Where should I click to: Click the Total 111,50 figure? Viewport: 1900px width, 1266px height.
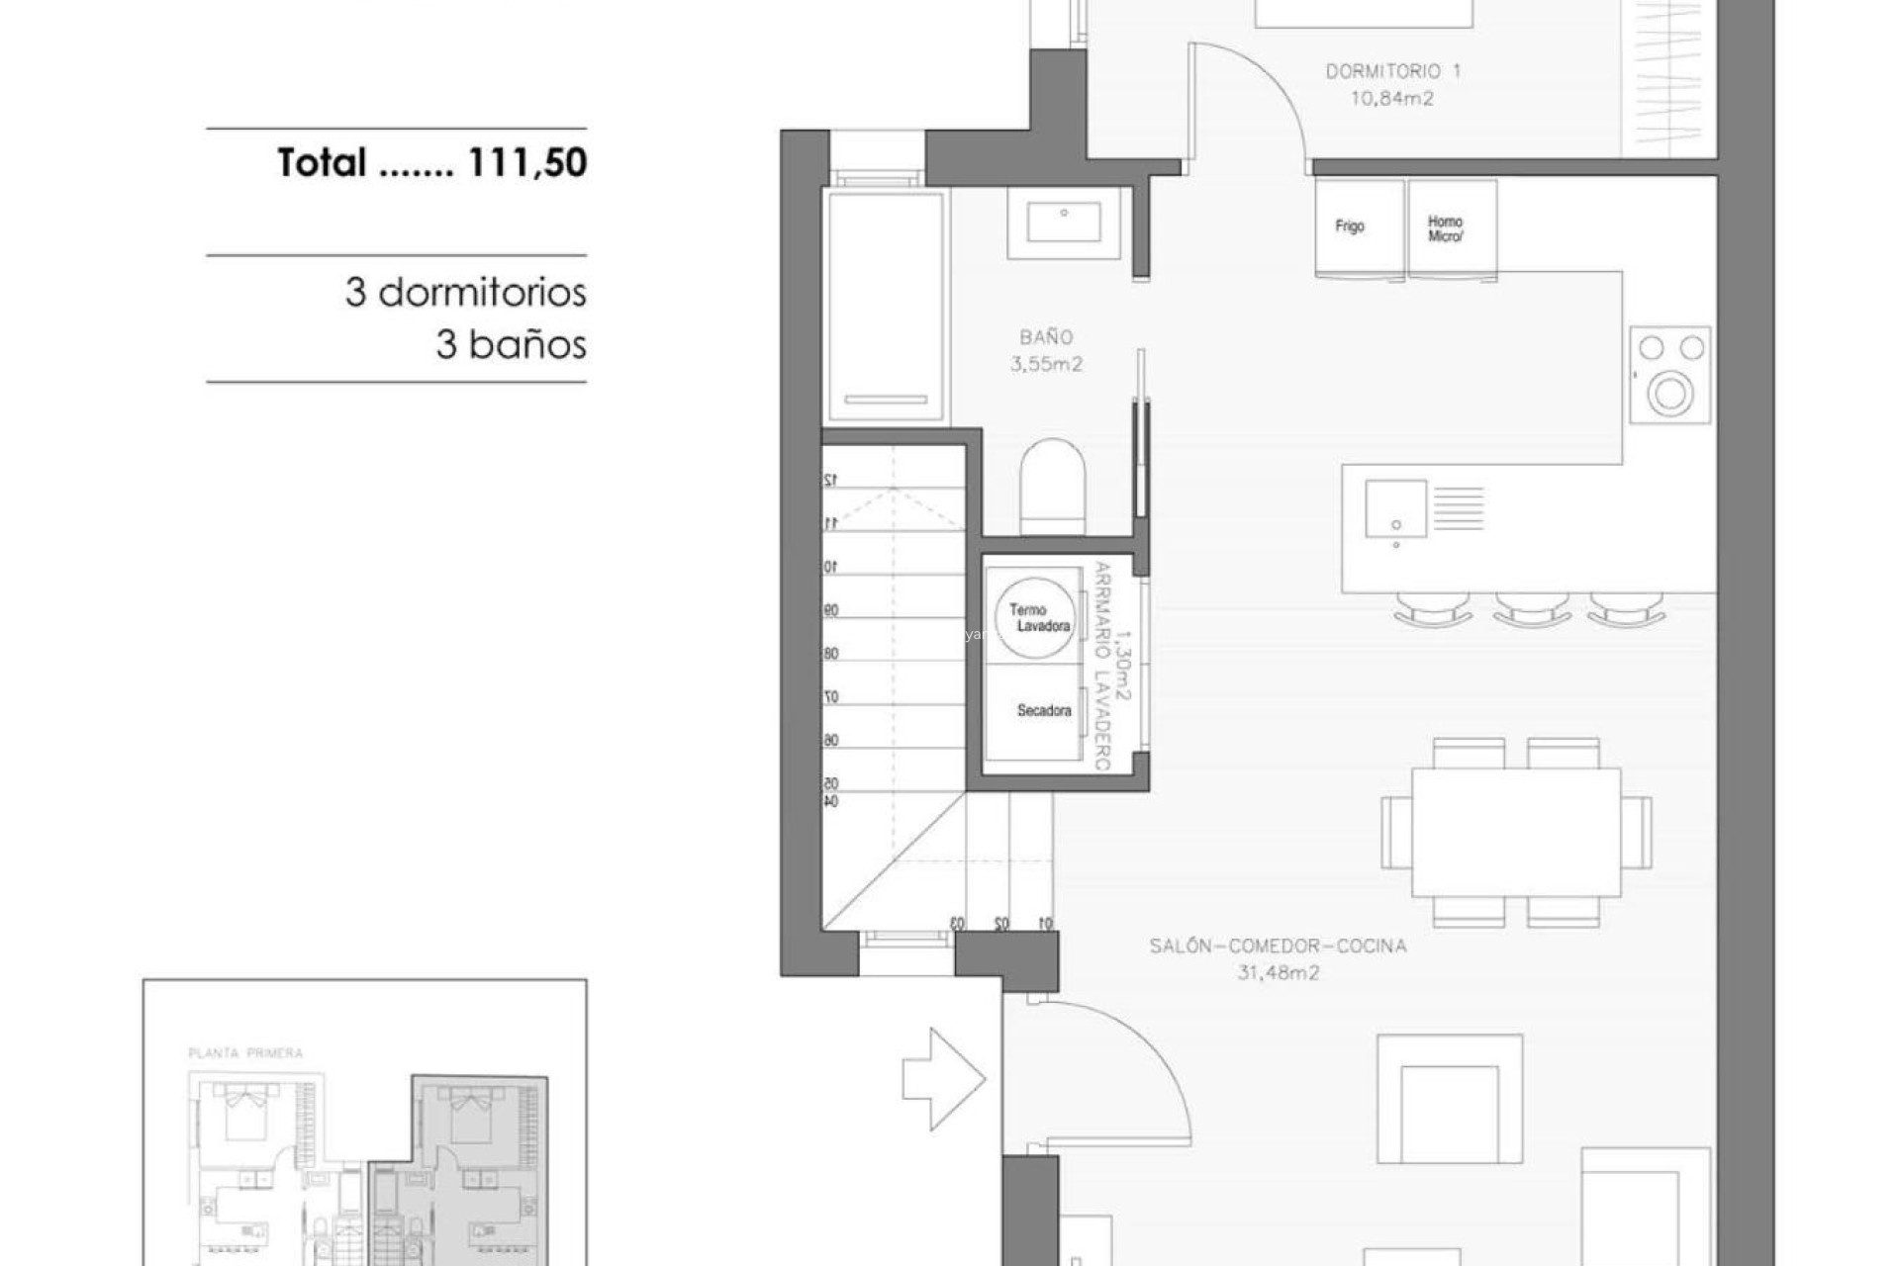(431, 163)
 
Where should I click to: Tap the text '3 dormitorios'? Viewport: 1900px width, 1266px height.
(465, 293)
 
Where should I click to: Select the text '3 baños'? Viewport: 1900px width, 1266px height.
(511, 345)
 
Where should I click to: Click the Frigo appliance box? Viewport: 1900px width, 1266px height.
(1359, 227)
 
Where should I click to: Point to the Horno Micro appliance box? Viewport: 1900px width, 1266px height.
(1451, 228)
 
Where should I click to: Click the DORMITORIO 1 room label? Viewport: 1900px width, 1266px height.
(1392, 71)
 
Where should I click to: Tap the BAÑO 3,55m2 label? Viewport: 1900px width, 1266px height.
(1046, 350)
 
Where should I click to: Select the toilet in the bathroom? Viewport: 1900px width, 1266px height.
(1053, 487)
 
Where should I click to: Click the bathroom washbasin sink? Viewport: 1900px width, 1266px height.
(1064, 223)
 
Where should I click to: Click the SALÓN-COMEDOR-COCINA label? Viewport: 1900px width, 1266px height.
(1277, 947)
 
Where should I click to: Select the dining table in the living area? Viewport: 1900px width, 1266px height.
(1516, 832)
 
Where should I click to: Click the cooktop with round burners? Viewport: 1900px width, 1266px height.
(1669, 375)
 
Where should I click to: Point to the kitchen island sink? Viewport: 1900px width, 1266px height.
(1395, 509)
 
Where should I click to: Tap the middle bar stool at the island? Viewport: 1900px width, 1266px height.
(1530, 608)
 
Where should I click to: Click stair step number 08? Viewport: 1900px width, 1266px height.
(831, 653)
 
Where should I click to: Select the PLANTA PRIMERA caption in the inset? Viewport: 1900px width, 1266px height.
(245, 1053)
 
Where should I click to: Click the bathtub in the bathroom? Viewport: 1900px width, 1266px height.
(886, 306)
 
